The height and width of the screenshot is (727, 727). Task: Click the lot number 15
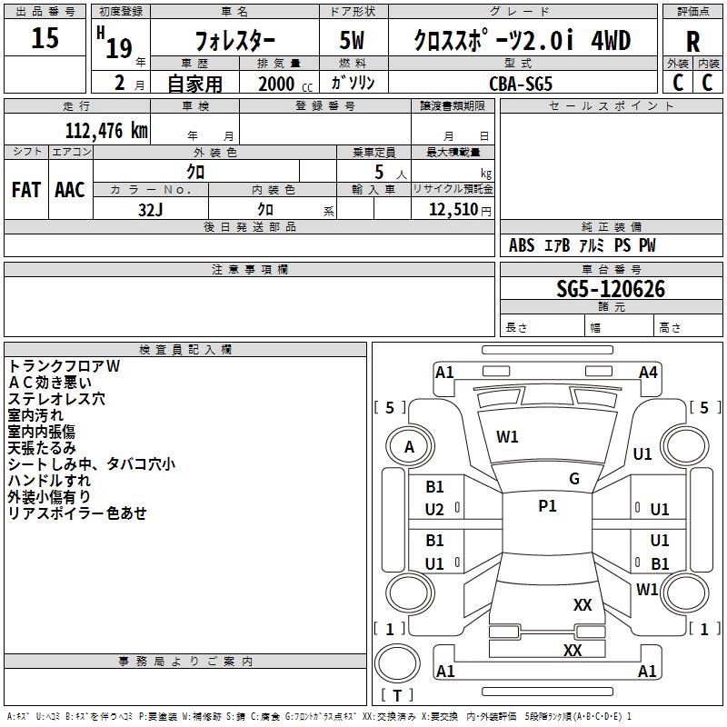tap(45, 38)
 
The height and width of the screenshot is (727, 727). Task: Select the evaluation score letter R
tap(692, 41)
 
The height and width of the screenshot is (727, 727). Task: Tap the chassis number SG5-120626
tap(611, 289)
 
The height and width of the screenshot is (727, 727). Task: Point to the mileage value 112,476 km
tap(106, 130)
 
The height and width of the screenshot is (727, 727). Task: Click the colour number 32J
tap(151, 208)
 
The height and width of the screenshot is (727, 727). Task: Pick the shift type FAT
tap(26, 190)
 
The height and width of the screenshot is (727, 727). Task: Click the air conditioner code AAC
tap(69, 190)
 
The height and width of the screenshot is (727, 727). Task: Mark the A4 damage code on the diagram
tap(648, 372)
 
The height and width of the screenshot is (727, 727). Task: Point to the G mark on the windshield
tap(573, 478)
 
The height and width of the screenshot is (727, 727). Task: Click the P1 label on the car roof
tap(547, 506)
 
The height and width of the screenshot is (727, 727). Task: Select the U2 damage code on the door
tap(434, 510)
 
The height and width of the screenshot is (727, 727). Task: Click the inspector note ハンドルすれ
tap(49, 480)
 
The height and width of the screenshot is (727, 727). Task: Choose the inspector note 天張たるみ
tap(42, 447)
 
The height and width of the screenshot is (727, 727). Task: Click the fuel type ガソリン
tap(353, 82)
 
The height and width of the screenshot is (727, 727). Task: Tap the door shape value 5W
tap(354, 41)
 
